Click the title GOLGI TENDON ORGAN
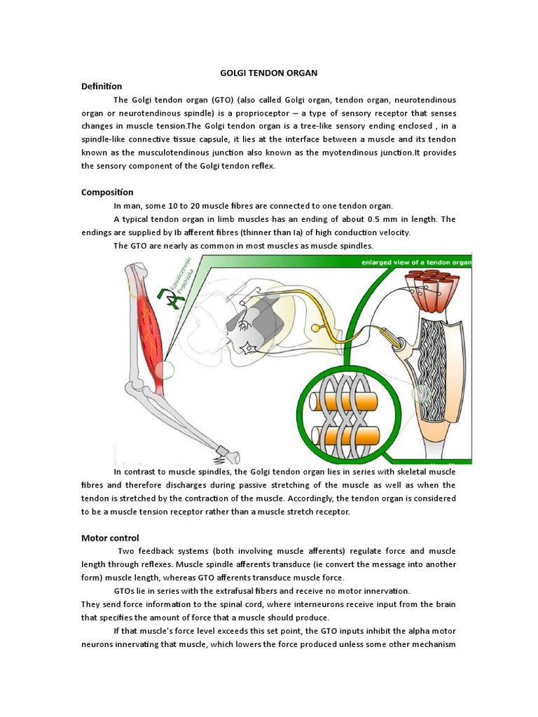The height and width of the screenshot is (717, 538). point(268,73)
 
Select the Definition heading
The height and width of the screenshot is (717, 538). point(102,86)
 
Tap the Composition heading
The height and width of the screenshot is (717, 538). point(107,192)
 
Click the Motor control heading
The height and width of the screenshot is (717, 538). point(110,538)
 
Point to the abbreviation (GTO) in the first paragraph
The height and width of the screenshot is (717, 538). point(217,99)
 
